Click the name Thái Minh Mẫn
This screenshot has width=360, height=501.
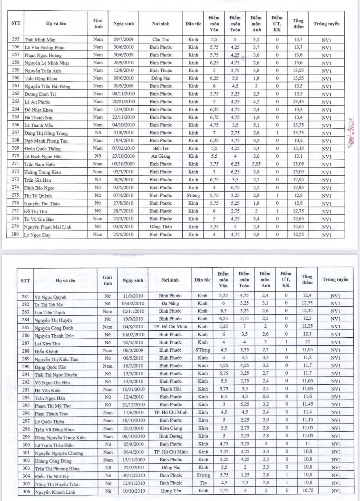(x=40, y=40)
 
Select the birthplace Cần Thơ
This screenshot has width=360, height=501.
(x=161, y=39)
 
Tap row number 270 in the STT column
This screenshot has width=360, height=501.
(x=15, y=156)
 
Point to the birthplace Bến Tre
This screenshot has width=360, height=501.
(x=161, y=148)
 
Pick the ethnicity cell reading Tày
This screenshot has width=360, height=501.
(x=203, y=483)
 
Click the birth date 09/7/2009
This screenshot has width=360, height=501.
(x=123, y=39)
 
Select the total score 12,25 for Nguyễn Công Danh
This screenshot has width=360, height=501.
(x=307, y=326)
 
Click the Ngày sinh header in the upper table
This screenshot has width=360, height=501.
(x=123, y=24)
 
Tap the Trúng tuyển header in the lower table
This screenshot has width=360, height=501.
(x=335, y=280)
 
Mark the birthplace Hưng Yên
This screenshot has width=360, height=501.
(x=171, y=491)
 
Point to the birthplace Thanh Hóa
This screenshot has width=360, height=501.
(x=170, y=389)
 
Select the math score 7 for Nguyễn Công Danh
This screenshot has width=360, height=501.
(x=244, y=326)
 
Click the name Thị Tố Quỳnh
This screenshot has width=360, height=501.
(x=38, y=196)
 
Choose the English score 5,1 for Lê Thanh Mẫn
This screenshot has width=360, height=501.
(x=256, y=125)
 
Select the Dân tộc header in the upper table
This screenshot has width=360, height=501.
(x=193, y=24)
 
